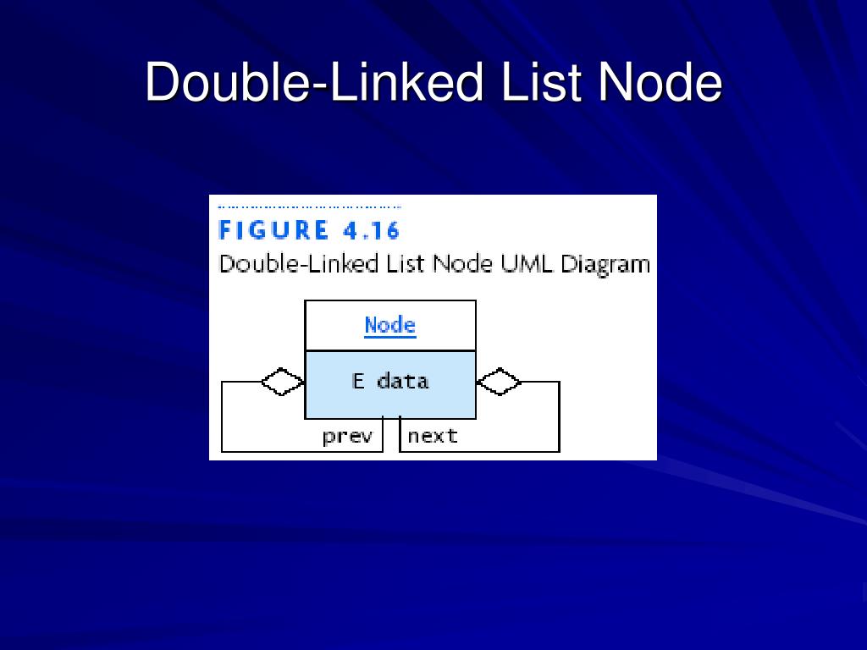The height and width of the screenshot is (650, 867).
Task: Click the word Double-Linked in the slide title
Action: (313, 83)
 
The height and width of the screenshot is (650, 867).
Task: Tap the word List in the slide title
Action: (541, 83)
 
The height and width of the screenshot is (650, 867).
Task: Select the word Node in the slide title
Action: (660, 83)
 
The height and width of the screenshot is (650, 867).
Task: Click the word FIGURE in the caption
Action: (273, 230)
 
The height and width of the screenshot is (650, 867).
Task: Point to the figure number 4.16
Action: (370, 230)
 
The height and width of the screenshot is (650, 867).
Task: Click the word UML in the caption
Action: (526, 263)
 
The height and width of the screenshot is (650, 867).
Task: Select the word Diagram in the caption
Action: (605, 264)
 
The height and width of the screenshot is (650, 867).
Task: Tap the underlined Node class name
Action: (389, 325)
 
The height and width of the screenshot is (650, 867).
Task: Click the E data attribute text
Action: (389, 381)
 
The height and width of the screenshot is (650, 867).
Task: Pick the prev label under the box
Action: (347, 437)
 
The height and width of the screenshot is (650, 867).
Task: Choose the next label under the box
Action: (433, 437)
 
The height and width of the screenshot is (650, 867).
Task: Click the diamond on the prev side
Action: (283, 382)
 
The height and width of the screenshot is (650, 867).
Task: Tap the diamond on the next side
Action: (499, 382)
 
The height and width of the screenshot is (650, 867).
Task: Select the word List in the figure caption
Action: (406, 263)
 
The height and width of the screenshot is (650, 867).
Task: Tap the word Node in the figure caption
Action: (462, 263)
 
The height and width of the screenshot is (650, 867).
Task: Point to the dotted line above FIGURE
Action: (309, 207)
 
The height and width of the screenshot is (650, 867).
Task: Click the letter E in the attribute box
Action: (358, 381)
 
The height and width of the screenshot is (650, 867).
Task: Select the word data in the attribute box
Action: (403, 381)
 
